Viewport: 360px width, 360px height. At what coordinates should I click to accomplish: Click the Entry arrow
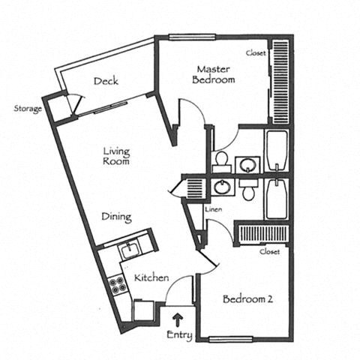[x=178, y=319]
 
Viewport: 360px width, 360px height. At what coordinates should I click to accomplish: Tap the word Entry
[x=179, y=335]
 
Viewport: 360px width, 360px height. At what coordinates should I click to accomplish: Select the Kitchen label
[x=151, y=277]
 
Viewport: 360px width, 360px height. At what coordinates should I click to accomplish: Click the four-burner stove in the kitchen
[x=117, y=285]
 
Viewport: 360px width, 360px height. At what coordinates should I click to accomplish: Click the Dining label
[x=116, y=217]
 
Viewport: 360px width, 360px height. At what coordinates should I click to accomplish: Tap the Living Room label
[x=116, y=156]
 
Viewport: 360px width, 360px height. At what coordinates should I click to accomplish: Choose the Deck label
[x=106, y=81]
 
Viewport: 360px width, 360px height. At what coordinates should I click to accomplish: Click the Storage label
[x=28, y=109]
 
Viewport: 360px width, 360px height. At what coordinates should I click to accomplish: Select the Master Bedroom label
[x=214, y=74]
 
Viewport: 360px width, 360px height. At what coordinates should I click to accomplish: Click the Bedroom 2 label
[x=247, y=299]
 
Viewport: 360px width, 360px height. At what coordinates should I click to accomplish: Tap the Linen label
[x=214, y=209]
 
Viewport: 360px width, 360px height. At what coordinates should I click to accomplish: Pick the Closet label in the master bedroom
[x=256, y=53]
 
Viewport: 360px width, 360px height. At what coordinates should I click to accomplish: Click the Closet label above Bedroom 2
[x=269, y=251]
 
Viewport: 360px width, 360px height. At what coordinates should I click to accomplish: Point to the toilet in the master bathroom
[x=222, y=161]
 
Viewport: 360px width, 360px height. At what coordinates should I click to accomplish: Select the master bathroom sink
[x=247, y=165]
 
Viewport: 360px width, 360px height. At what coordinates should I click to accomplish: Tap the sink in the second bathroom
[x=222, y=187]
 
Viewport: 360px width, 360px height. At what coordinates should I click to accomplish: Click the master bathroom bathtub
[x=277, y=151]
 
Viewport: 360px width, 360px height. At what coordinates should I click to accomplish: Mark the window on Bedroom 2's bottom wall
[x=230, y=339]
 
